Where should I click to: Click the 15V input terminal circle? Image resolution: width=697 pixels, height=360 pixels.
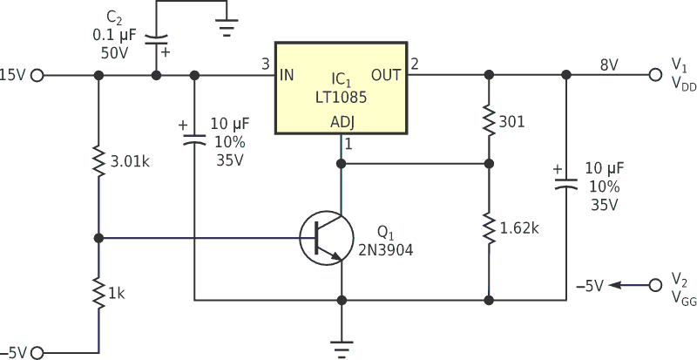(x=37, y=76)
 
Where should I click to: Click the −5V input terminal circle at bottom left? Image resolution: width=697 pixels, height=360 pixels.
(x=37, y=352)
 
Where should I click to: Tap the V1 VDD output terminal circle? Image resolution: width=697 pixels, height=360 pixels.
(x=654, y=75)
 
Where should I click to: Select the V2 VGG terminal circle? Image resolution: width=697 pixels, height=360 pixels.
(x=654, y=283)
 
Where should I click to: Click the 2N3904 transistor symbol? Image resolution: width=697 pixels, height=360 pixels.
(x=326, y=237)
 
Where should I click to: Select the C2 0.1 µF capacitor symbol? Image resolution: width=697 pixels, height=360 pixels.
(x=157, y=39)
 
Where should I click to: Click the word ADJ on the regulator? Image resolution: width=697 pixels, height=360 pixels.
(x=342, y=123)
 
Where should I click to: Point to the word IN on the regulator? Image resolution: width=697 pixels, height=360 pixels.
(x=287, y=75)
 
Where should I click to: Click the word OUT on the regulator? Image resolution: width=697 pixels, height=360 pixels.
(x=386, y=75)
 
